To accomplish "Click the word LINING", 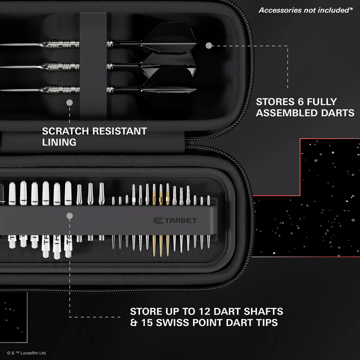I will [59, 142].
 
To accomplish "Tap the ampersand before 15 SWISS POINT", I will [133, 322].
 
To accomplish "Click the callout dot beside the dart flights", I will [208, 45].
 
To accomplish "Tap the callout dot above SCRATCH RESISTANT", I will [69, 102].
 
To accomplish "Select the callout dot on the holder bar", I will [69, 216].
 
